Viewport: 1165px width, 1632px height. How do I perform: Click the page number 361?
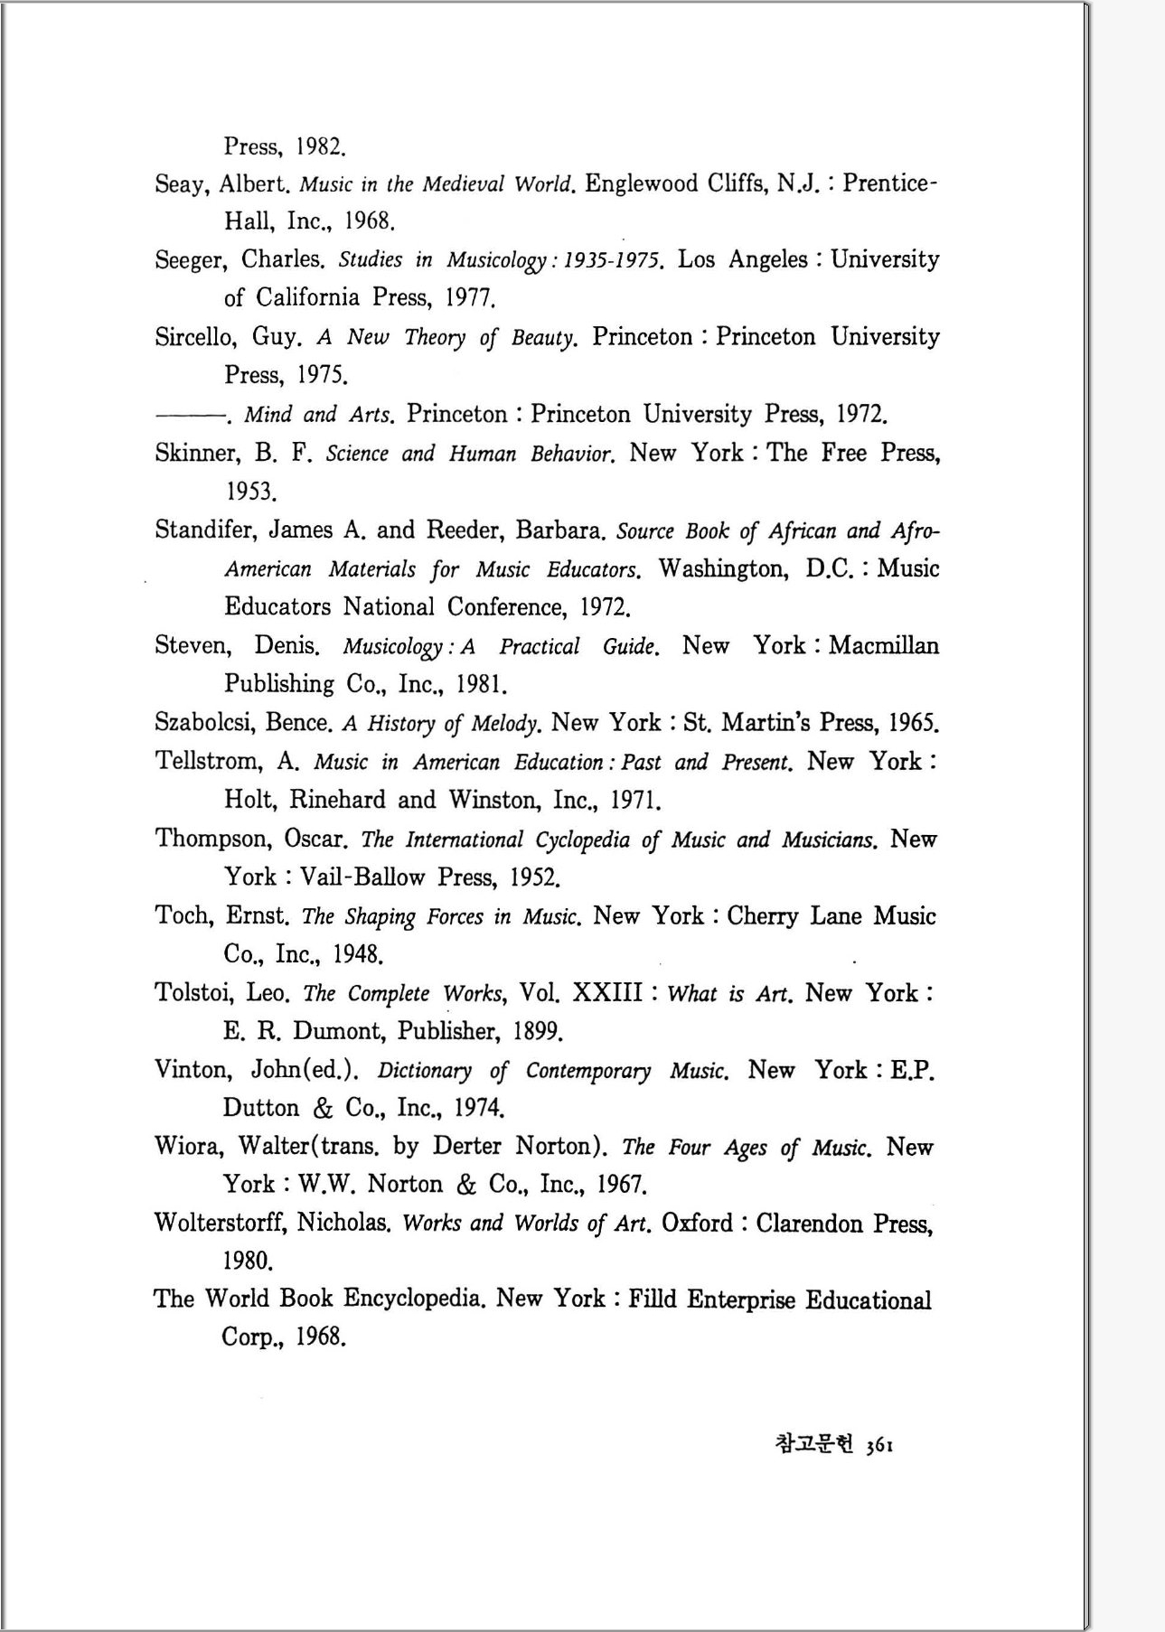pos(880,1445)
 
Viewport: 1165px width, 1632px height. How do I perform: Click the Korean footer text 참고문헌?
pos(813,1443)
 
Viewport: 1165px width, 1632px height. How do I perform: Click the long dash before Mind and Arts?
pos(189,416)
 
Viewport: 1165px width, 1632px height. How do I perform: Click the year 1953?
pos(249,492)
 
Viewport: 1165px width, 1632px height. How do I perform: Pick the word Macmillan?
pos(883,646)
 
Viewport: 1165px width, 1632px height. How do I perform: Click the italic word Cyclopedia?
pos(582,840)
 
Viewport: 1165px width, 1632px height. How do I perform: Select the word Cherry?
pos(762,916)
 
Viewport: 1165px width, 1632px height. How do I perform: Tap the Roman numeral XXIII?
pos(607,993)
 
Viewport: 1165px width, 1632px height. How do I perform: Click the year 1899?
pos(538,1032)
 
